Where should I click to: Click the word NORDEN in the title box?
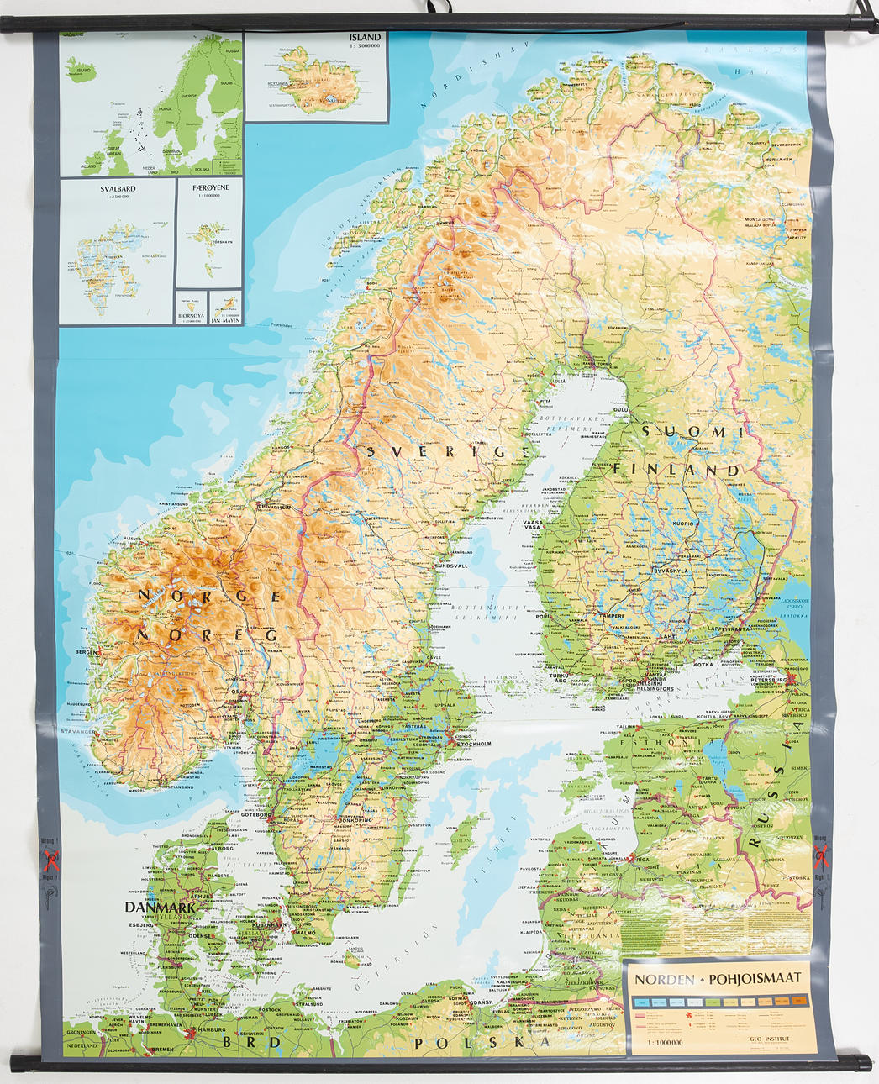point(664,979)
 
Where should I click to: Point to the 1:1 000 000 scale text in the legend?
point(665,1042)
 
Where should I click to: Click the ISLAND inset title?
point(365,38)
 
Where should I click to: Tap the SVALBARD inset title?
point(118,189)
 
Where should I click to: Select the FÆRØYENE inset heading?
point(210,188)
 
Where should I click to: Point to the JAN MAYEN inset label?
point(225,320)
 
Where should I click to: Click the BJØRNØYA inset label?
point(191,317)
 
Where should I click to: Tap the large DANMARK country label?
point(160,908)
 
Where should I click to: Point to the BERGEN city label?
point(85,652)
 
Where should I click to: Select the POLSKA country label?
point(482,1043)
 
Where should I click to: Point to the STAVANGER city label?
point(77,732)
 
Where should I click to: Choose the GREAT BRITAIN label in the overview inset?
point(113,150)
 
